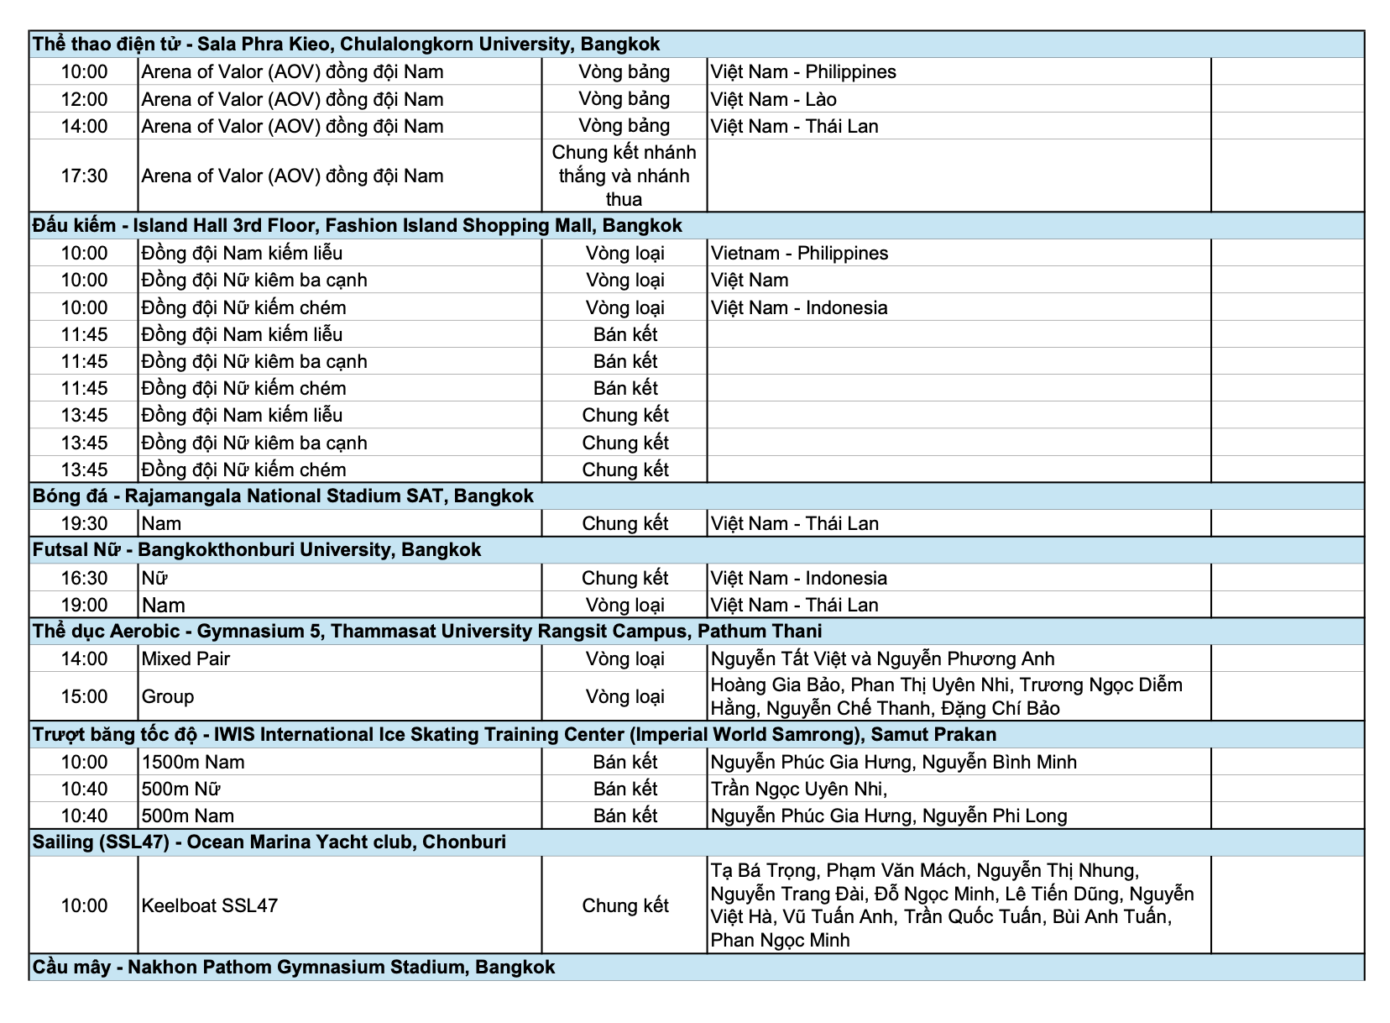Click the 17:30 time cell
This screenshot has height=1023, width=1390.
click(84, 176)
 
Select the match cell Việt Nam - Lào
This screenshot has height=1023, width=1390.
click(773, 99)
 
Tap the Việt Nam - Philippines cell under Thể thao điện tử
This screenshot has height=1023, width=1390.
click(803, 72)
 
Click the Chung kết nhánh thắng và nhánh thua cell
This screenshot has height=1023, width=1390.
click(624, 176)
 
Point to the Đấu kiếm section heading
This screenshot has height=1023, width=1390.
click(357, 226)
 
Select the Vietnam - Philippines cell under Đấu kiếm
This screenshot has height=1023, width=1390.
click(799, 254)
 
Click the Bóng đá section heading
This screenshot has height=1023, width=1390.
click(283, 496)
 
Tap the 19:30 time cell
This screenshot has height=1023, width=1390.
click(84, 524)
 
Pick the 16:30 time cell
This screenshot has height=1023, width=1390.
click(84, 578)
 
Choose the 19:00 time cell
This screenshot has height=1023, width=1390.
click(84, 605)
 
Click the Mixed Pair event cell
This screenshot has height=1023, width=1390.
click(186, 659)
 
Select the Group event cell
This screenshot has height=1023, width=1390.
click(168, 696)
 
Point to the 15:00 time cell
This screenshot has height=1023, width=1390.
click(84, 696)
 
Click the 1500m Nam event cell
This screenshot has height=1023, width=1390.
click(193, 763)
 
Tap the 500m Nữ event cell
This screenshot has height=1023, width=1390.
click(180, 790)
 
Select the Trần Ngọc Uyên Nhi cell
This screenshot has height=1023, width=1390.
click(798, 790)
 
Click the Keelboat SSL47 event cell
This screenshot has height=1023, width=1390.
click(209, 905)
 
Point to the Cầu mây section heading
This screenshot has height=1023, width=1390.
click(294, 968)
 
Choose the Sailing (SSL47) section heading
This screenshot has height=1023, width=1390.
click(269, 842)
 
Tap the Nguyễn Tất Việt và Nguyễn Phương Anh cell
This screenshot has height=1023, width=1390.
click(882, 659)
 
